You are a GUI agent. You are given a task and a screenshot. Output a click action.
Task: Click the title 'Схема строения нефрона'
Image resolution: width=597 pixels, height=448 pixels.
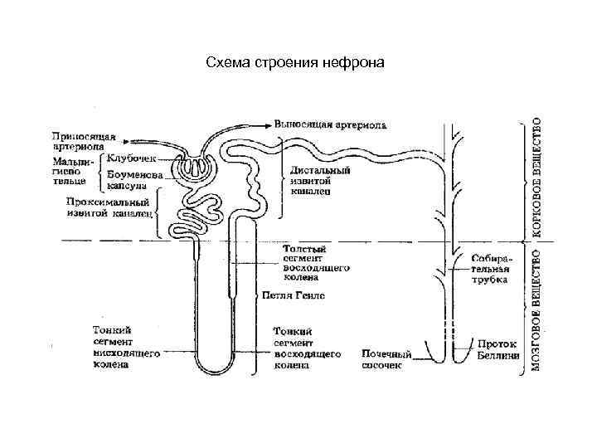(x=294, y=63)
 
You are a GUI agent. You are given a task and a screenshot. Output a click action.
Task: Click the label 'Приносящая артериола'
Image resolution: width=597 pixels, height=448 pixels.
(x=84, y=142)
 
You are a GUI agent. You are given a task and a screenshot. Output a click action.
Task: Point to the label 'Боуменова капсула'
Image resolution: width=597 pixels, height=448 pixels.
(x=131, y=180)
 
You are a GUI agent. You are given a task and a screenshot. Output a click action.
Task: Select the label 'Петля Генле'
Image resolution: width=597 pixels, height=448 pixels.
(x=294, y=295)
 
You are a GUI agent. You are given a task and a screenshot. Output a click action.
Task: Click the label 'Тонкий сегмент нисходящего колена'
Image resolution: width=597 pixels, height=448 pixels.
(x=122, y=347)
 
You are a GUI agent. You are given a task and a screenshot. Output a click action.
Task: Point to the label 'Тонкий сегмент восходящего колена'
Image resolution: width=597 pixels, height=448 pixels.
(x=307, y=348)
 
